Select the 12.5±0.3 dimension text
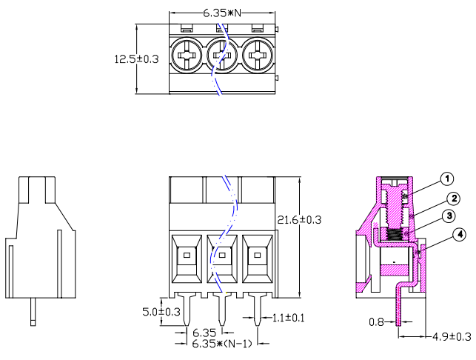(136, 59)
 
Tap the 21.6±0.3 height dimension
(299, 220)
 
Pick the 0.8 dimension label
(377, 322)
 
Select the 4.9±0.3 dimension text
(451, 337)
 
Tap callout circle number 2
(452, 198)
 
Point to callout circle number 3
(448, 216)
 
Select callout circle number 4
(460, 234)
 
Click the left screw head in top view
(186, 55)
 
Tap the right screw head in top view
(257, 55)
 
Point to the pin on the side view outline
(33, 311)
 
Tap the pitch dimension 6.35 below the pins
(204, 334)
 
